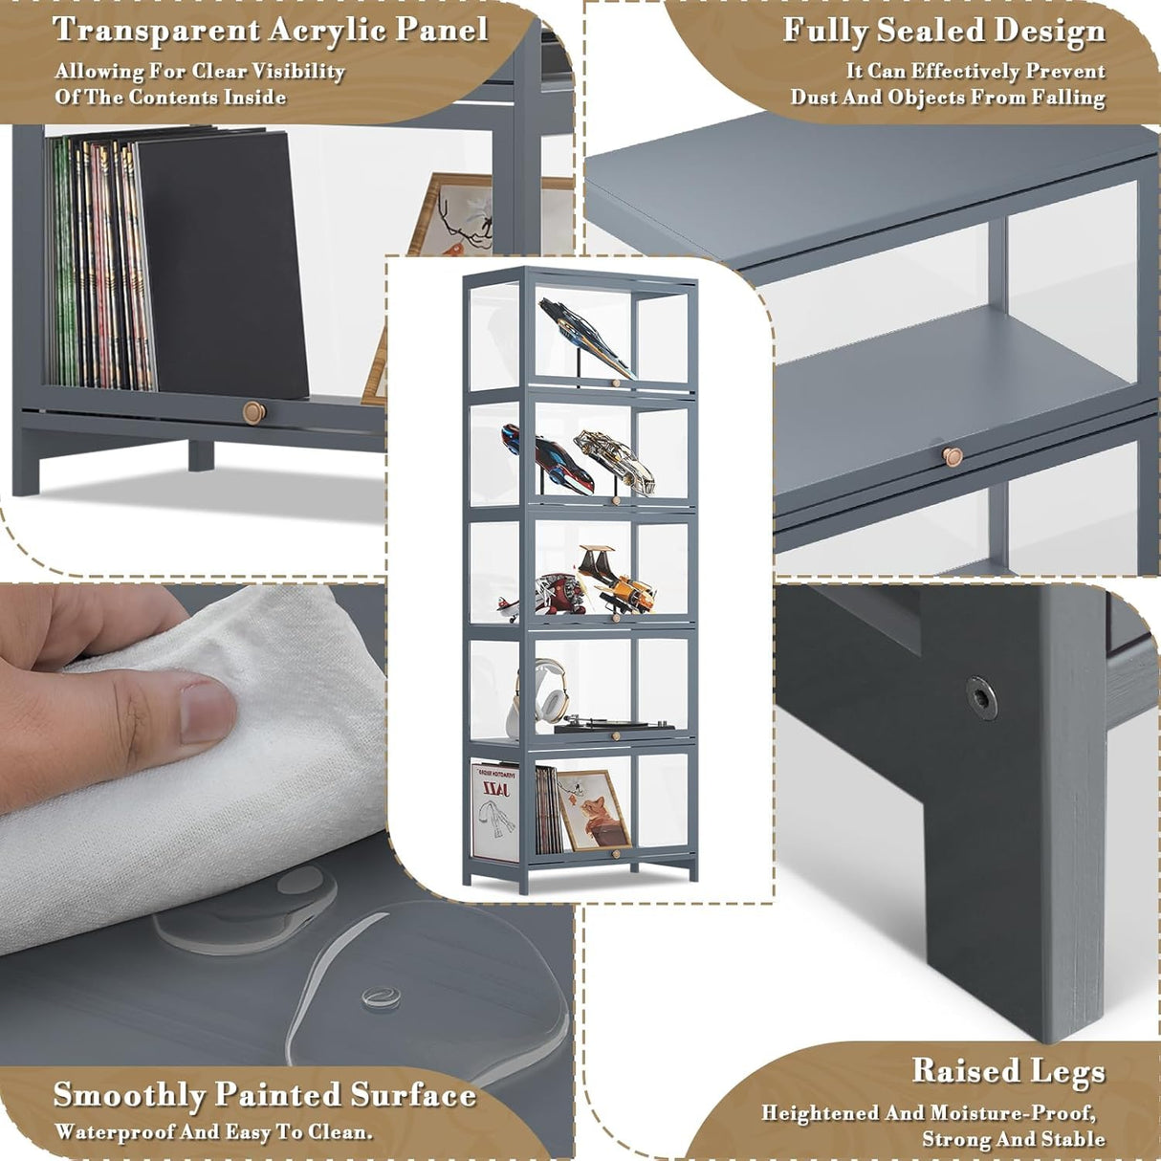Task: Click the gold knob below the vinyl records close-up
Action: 254,413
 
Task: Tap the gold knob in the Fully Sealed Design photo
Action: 952,456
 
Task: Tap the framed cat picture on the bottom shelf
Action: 594,810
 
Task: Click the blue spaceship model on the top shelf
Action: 585,337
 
